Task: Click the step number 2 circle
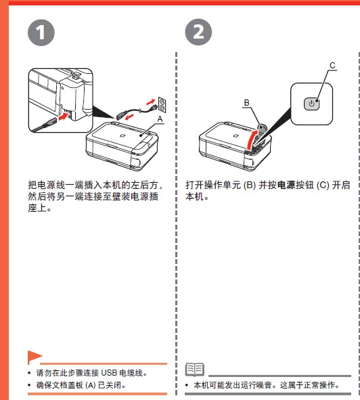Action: (x=198, y=32)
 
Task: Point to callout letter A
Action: (x=160, y=118)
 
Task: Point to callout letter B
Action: (x=246, y=102)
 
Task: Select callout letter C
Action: (x=332, y=66)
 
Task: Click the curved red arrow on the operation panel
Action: (x=253, y=139)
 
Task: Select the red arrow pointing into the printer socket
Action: (x=63, y=117)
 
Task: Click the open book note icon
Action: (x=194, y=370)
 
